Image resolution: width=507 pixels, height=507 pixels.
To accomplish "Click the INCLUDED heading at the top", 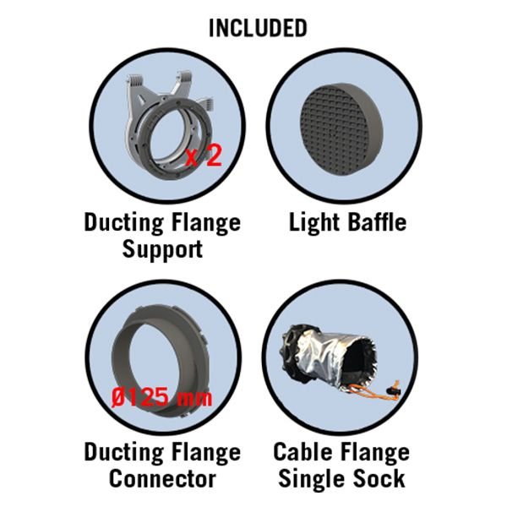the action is (258, 28).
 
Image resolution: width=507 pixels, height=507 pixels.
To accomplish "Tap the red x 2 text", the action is (204, 155).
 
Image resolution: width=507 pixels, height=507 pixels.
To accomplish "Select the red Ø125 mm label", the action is (162, 397).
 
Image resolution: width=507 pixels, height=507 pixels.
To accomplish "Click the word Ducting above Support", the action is (124, 223).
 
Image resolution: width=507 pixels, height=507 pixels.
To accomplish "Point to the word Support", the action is (162, 250).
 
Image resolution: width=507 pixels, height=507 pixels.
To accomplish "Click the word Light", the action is (314, 223).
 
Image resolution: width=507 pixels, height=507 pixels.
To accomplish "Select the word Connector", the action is (162, 478).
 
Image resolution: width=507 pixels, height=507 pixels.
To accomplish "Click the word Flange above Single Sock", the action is (372, 453).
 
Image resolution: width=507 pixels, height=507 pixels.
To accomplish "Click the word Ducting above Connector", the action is (124, 452).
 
